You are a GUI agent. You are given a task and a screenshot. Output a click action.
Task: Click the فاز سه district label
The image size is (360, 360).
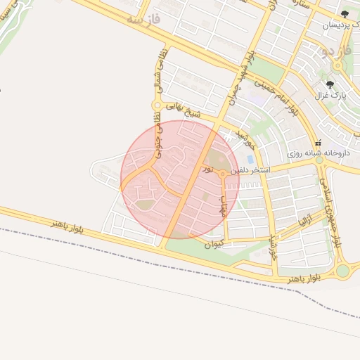tap(143, 20)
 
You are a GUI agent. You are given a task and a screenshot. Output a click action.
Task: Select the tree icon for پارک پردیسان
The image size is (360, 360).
tap(345, 14)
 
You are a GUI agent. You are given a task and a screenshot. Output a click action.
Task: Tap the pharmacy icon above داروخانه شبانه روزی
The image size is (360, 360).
tap(318, 142)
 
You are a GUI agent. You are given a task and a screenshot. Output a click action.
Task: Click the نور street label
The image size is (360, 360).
tap(207, 169)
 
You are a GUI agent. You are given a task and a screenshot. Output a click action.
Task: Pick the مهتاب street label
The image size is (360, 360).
tap(224, 205)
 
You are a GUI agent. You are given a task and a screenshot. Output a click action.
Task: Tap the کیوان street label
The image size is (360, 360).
tap(213, 245)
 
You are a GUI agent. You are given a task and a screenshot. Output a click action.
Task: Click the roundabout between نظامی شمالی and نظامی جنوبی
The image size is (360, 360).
tap(156, 105)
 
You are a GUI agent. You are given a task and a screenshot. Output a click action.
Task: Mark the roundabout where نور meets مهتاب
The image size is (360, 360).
tap(222, 173)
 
